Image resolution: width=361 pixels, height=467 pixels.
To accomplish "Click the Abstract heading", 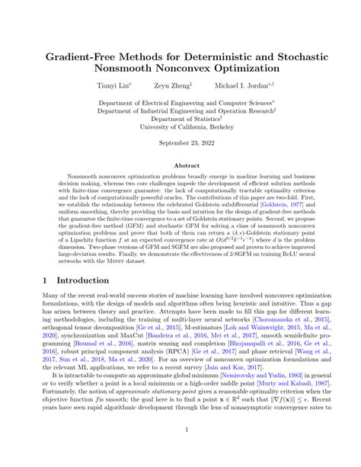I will point(180,165).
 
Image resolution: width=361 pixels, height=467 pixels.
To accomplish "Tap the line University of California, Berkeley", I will point(180,126).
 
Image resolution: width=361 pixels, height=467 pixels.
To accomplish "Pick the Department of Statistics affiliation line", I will point(180,118).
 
